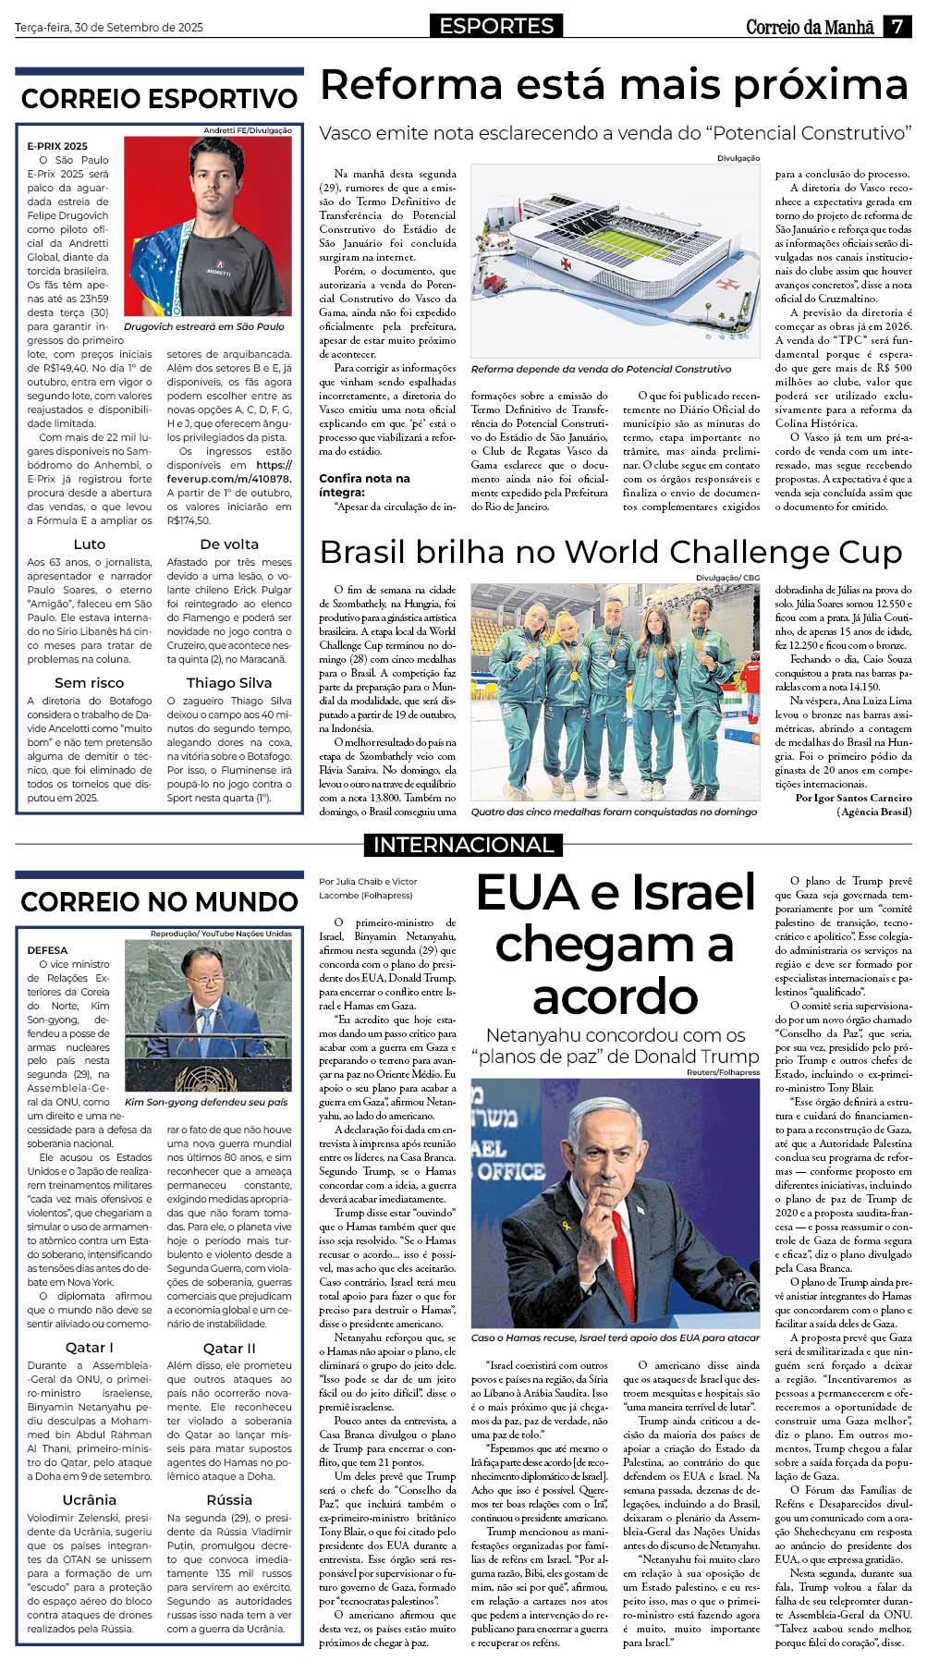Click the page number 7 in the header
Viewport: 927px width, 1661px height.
pyautogui.click(x=897, y=27)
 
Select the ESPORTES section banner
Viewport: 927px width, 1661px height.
pyautogui.click(x=496, y=26)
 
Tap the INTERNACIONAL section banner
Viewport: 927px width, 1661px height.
pyautogui.click(x=463, y=844)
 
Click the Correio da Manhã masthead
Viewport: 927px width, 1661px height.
pyautogui.click(x=810, y=27)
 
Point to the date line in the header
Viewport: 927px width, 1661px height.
pyautogui.click(x=109, y=28)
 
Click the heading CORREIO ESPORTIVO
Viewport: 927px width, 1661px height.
pyautogui.click(x=159, y=99)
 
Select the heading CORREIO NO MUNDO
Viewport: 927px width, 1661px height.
pyautogui.click(x=159, y=901)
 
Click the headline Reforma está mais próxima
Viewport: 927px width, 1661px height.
pyautogui.click(x=614, y=86)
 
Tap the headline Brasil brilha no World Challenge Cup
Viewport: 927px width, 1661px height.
pyautogui.click(x=610, y=552)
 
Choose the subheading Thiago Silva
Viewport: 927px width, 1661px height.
pyautogui.click(x=229, y=683)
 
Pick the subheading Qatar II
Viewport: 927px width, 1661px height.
pyautogui.click(x=229, y=1348)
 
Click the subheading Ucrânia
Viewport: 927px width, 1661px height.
pyautogui.click(x=90, y=1499)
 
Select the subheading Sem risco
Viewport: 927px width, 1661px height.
pyautogui.click(x=90, y=683)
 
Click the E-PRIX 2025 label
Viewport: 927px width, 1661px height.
pyautogui.click(x=57, y=146)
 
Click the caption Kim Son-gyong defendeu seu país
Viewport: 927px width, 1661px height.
pyautogui.click(x=206, y=1102)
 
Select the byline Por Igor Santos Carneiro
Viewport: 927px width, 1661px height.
pyautogui.click(x=853, y=798)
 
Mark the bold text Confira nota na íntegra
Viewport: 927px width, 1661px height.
pyautogui.click(x=364, y=485)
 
